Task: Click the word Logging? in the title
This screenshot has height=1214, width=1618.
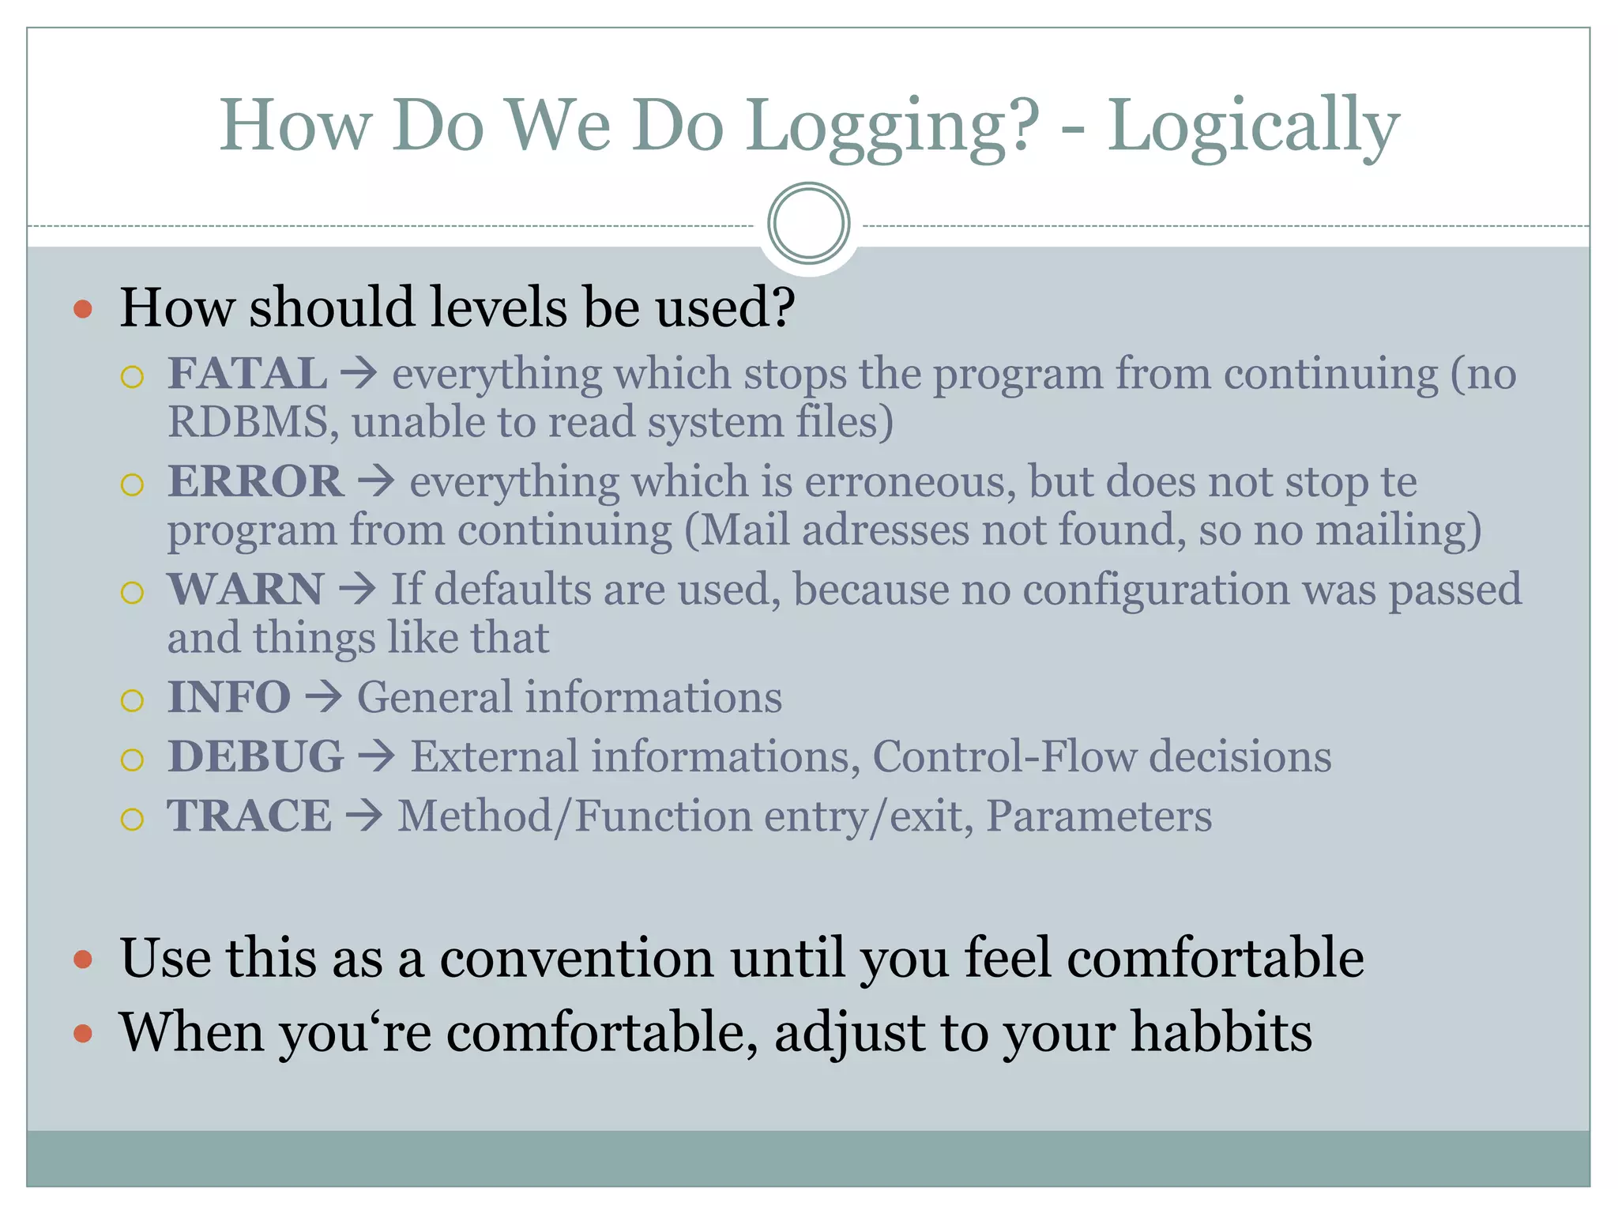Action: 893,126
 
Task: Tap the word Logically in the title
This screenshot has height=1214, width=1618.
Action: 1253,126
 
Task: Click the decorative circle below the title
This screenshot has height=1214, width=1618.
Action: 808,224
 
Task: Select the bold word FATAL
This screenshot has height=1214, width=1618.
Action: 247,374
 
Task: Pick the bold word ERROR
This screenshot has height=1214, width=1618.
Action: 256,481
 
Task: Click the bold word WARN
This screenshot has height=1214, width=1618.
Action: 246,590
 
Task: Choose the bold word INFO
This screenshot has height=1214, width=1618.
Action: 229,698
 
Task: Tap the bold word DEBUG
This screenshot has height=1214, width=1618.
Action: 256,757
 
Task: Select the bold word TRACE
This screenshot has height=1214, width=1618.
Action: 250,816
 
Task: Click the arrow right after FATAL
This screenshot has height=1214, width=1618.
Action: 359,374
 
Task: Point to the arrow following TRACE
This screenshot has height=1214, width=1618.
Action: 364,816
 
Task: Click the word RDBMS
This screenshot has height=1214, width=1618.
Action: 248,422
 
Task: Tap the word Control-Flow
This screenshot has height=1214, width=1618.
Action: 1003,757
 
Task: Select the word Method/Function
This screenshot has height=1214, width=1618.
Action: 574,816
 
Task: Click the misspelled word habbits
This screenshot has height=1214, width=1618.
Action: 1221,1032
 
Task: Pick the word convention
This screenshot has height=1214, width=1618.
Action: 577,958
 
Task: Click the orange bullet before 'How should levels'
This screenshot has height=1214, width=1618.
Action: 83,308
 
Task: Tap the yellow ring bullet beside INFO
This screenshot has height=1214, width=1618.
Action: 133,700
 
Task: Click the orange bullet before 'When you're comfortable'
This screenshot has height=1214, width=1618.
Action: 83,1034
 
